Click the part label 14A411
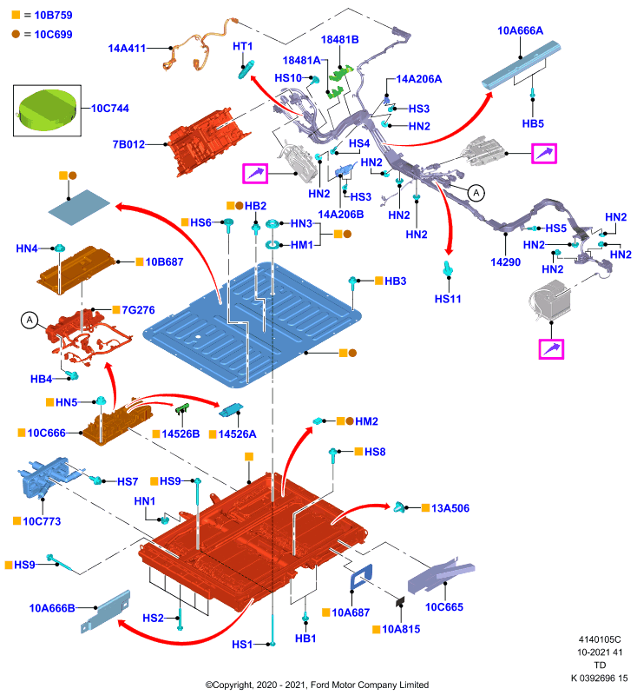coord(127,49)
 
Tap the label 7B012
coord(128,144)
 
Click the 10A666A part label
coord(520,30)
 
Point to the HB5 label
coord(533,123)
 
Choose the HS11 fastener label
coord(448,299)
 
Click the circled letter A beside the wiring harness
coord(476,193)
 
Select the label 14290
coord(506,262)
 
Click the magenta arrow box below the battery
coord(551,349)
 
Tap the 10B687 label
coord(164,262)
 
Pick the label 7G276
coord(138,310)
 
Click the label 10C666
coord(47,433)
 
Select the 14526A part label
coord(237,434)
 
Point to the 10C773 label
coord(42,521)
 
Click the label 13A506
coord(450,508)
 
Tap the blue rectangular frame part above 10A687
coord(361,577)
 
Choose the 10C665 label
coord(444,607)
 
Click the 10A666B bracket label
coord(52,608)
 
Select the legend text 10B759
coord(53,15)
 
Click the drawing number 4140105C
coord(600,639)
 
